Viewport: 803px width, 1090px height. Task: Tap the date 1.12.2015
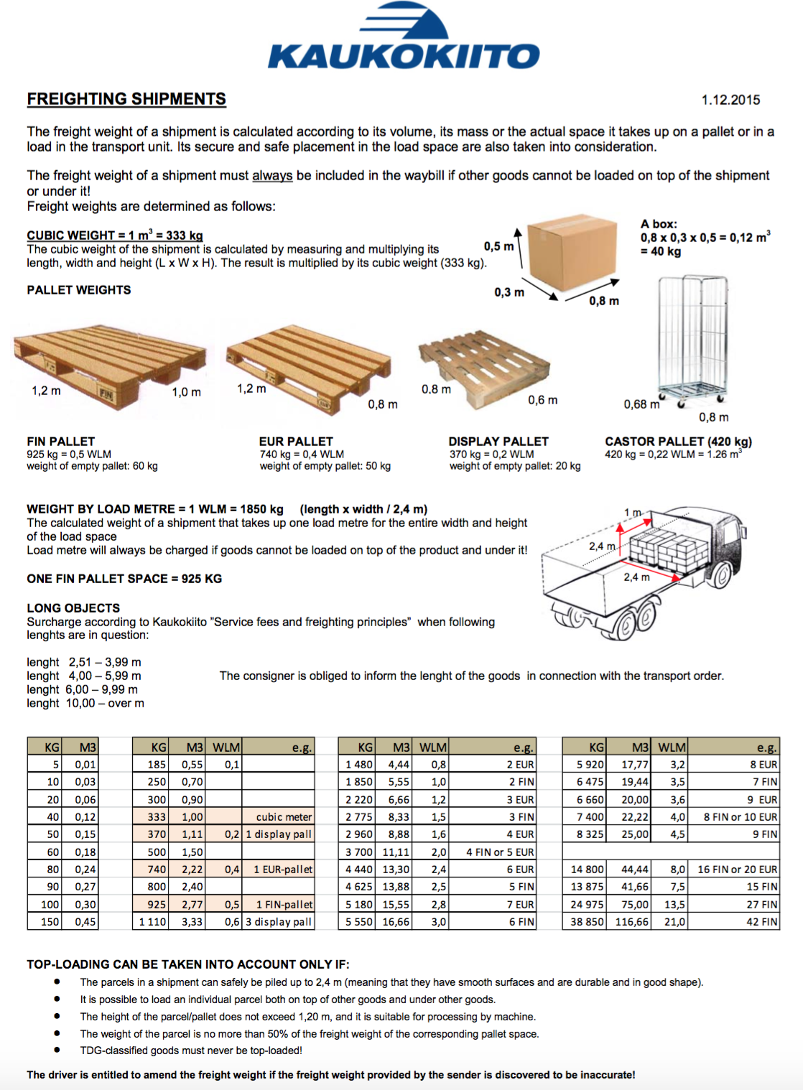click(x=730, y=100)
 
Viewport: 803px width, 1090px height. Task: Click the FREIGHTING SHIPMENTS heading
click(x=126, y=99)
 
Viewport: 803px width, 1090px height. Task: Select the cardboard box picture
click(x=572, y=251)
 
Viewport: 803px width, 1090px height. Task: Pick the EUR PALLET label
click(x=296, y=442)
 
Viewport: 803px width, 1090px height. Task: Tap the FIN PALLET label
click(x=61, y=442)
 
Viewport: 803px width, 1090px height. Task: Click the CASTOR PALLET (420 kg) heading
click(x=678, y=442)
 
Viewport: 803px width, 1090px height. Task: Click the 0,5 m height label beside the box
click(x=498, y=246)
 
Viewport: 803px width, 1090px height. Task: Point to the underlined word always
click(x=272, y=175)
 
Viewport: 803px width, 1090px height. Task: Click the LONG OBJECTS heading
click(x=73, y=607)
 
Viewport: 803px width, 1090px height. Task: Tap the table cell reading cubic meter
click(x=284, y=817)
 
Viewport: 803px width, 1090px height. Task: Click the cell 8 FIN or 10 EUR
click(x=740, y=817)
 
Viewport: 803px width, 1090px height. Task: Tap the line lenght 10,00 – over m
click(x=85, y=703)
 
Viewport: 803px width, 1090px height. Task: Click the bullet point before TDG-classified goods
click(x=57, y=1050)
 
